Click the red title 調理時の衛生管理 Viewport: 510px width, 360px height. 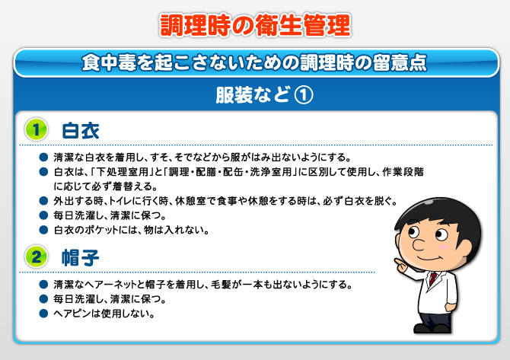(255, 25)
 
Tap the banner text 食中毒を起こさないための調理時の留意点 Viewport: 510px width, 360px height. (254, 62)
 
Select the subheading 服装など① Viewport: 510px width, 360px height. (264, 95)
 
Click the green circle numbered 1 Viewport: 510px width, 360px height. (36, 129)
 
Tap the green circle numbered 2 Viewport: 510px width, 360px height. (36, 256)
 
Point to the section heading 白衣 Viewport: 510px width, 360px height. (81, 131)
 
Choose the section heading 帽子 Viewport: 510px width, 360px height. (81, 258)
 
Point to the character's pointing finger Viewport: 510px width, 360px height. (398, 262)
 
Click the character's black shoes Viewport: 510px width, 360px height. (432, 328)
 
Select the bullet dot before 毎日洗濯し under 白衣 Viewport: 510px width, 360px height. (43, 215)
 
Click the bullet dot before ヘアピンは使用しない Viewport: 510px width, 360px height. (43, 313)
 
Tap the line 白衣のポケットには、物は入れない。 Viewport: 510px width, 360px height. (132, 230)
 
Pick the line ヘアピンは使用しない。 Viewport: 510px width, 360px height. (104, 314)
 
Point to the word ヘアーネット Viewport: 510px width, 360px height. (110, 285)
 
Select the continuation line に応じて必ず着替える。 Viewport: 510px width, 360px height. (105, 186)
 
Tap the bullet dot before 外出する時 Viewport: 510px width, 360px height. (43, 201)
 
